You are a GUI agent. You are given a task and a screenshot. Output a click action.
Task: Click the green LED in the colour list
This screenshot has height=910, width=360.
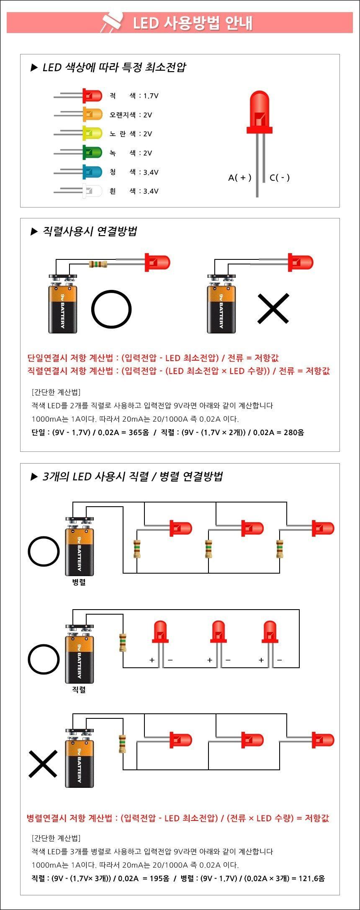pos(92,152)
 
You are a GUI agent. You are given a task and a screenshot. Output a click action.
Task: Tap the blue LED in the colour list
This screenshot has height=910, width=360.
pos(92,172)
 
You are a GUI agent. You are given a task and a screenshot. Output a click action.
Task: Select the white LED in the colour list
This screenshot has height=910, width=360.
pos(92,191)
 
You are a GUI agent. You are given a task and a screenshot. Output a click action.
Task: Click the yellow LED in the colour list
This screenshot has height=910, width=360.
pos(92,133)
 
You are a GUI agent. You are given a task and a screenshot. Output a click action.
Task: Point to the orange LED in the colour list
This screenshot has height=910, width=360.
pos(92,114)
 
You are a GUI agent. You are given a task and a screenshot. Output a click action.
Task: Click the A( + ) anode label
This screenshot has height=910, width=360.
pos(240,177)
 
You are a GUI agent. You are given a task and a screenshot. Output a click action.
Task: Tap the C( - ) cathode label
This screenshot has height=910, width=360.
pos(280,177)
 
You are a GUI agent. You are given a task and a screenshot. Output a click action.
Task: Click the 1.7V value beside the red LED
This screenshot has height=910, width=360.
pos(151,96)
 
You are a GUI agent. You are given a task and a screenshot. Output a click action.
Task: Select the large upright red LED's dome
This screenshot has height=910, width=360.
pos(260,110)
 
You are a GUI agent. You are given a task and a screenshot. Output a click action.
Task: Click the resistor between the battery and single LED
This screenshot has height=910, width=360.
pos(98,264)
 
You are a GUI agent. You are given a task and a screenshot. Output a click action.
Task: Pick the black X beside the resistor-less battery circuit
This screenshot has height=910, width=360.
pos(273,308)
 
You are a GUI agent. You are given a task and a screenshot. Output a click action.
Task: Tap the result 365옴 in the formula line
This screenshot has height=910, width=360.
pos(139,432)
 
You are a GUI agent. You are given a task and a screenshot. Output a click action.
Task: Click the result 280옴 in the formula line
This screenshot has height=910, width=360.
pos(294,432)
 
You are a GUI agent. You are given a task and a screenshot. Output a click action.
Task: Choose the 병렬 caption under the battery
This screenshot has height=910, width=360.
pos(79,582)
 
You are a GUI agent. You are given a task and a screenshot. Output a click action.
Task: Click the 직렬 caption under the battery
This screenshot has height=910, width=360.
pos(79,690)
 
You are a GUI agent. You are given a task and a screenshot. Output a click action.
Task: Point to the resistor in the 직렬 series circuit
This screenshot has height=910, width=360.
pos(123,643)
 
